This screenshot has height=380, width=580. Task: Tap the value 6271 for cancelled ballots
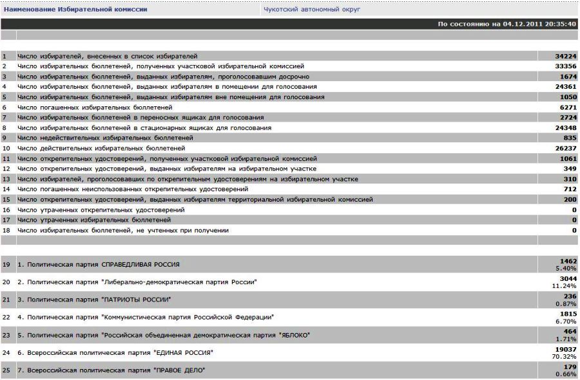click(x=567, y=107)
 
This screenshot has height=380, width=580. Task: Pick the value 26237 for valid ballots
click(x=565, y=148)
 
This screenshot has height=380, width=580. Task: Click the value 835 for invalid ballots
click(x=569, y=138)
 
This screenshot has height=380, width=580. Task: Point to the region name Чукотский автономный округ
click(x=312, y=10)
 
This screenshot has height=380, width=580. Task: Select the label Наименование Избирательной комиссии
click(x=75, y=10)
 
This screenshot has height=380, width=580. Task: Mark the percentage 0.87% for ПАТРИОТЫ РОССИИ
click(x=567, y=303)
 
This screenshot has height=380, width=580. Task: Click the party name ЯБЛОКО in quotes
click(x=293, y=335)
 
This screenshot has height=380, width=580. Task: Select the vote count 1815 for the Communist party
click(x=567, y=314)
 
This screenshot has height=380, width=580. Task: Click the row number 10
click(x=6, y=148)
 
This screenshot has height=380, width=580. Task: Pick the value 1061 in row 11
click(x=567, y=158)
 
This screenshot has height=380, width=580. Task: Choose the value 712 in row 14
click(x=569, y=189)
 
